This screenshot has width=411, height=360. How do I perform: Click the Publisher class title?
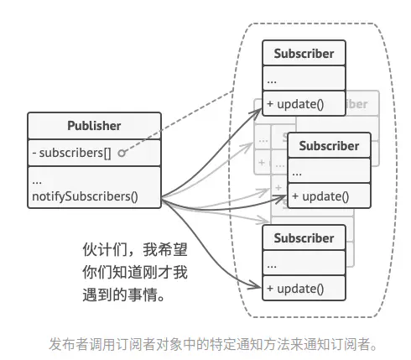tap(94, 126)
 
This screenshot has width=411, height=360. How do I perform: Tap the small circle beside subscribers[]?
tap(122, 154)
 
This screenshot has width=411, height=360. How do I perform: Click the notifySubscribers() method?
tap(84, 199)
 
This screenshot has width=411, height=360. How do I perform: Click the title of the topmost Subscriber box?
tap(304, 54)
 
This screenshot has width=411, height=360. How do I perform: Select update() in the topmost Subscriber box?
tap(294, 105)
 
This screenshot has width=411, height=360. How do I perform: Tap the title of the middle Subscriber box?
tap(329, 146)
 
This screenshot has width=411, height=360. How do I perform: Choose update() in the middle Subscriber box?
tap(320, 196)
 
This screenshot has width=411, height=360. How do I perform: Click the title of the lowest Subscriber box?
tap(304, 238)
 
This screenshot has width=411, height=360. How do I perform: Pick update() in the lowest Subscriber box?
tap(294, 289)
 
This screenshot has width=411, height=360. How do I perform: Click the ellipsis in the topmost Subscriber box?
tap(273, 80)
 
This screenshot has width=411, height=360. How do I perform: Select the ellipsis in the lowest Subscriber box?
tap(273, 264)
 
